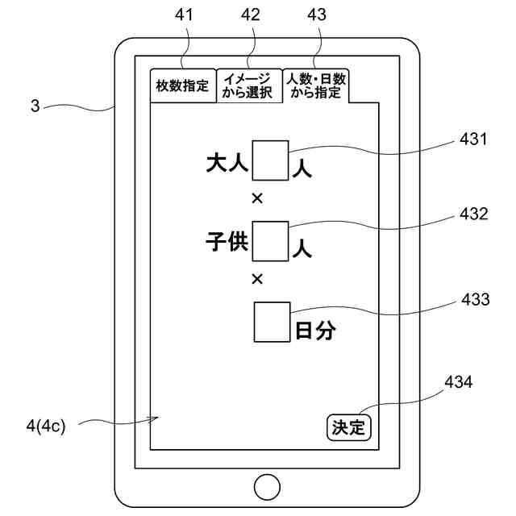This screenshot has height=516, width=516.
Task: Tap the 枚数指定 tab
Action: [x=183, y=85]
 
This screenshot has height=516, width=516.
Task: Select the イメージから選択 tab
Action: [x=248, y=85]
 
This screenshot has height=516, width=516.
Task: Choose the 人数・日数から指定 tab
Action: [x=316, y=85]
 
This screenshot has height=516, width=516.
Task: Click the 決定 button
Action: [x=349, y=426]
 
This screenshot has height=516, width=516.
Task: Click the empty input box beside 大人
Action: [x=270, y=160]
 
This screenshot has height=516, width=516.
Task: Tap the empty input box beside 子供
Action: [x=270, y=240]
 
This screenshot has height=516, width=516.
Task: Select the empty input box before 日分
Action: [x=272, y=321]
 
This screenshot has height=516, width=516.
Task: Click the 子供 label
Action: [x=227, y=243]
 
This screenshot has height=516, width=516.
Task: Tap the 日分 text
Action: [x=315, y=331]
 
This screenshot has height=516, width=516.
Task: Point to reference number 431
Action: [x=474, y=139]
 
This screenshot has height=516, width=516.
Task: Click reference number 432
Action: [x=474, y=214]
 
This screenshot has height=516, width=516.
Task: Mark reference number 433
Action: [x=474, y=300]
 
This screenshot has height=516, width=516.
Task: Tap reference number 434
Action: [x=458, y=382]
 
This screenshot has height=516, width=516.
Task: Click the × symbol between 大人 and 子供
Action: [x=257, y=198]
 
